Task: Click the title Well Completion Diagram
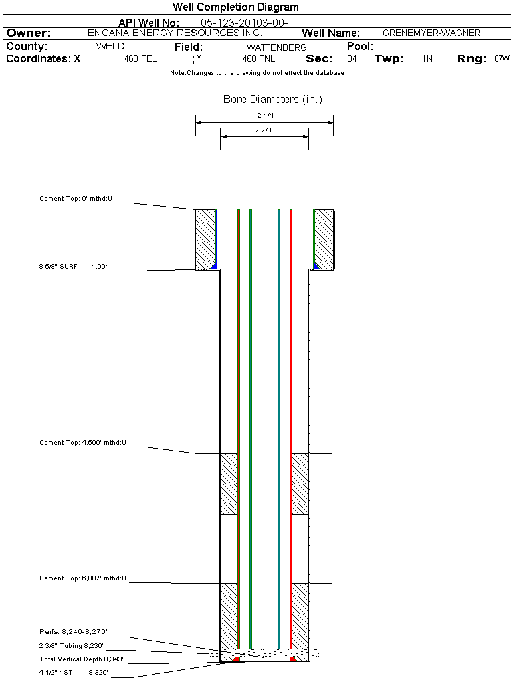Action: pyautogui.click(x=235, y=7)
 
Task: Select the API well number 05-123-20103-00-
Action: pyautogui.click(x=244, y=23)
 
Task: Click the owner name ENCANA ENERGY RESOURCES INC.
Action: pyautogui.click(x=175, y=33)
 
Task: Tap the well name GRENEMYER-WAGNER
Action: pyautogui.click(x=431, y=33)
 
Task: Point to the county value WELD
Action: pyautogui.click(x=110, y=47)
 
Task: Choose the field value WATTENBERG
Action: pyautogui.click(x=276, y=47)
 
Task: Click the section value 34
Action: pyautogui.click(x=352, y=59)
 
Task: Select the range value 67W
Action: pyautogui.click(x=502, y=59)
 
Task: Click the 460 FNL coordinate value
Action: pyautogui.click(x=258, y=59)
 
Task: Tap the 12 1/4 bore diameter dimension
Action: pyautogui.click(x=264, y=116)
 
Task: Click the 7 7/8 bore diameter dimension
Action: pyautogui.click(x=264, y=130)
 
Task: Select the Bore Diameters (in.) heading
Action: pyautogui.click(x=272, y=100)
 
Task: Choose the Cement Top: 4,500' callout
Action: pyautogui.click(x=82, y=442)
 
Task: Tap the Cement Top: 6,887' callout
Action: pyautogui.click(x=82, y=578)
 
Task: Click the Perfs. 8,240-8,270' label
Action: pyautogui.click(x=73, y=631)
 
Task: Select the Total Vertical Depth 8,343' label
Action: pyautogui.click(x=81, y=659)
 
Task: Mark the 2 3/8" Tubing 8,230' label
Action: pyautogui.click(x=72, y=645)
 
